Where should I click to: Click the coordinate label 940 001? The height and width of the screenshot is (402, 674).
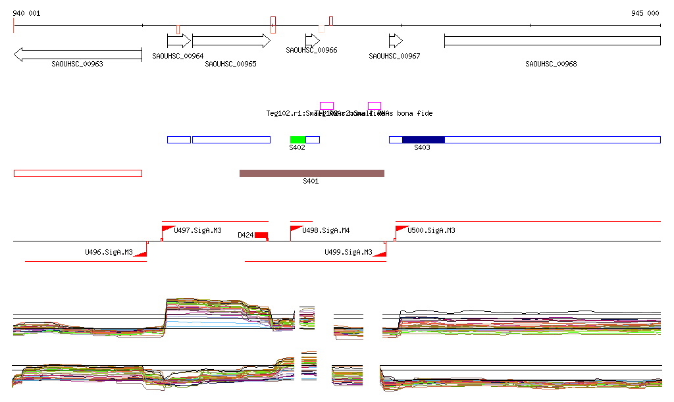pos(26,13)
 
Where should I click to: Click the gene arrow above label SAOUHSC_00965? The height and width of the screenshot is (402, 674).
pos(230,41)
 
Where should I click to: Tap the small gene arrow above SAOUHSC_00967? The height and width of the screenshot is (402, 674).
pos(395,41)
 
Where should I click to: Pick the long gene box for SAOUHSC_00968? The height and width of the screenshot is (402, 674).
pos(552,41)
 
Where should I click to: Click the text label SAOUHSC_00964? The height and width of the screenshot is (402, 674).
pos(178,57)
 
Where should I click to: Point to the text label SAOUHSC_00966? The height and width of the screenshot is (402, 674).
pos(311,50)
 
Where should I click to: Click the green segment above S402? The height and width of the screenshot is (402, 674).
pos(298,139)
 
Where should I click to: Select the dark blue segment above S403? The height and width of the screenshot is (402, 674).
pos(423,139)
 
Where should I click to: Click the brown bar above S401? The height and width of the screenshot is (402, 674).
pos(311,173)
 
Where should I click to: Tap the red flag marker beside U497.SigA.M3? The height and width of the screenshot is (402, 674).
pos(167,229)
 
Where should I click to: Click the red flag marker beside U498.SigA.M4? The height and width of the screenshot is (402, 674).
pos(295,229)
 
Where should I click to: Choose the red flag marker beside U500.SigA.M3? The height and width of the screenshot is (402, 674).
pos(400,229)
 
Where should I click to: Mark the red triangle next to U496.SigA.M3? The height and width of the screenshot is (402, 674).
pos(140,253)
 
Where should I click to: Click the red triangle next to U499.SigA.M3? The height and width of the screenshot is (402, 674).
pos(380,253)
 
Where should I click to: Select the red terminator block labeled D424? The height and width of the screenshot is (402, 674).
pos(261,235)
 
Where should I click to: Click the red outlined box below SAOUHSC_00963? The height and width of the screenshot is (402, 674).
pos(78,173)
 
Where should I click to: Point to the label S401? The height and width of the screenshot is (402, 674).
pos(311,181)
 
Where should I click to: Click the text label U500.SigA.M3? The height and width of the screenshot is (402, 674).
pos(431,231)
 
